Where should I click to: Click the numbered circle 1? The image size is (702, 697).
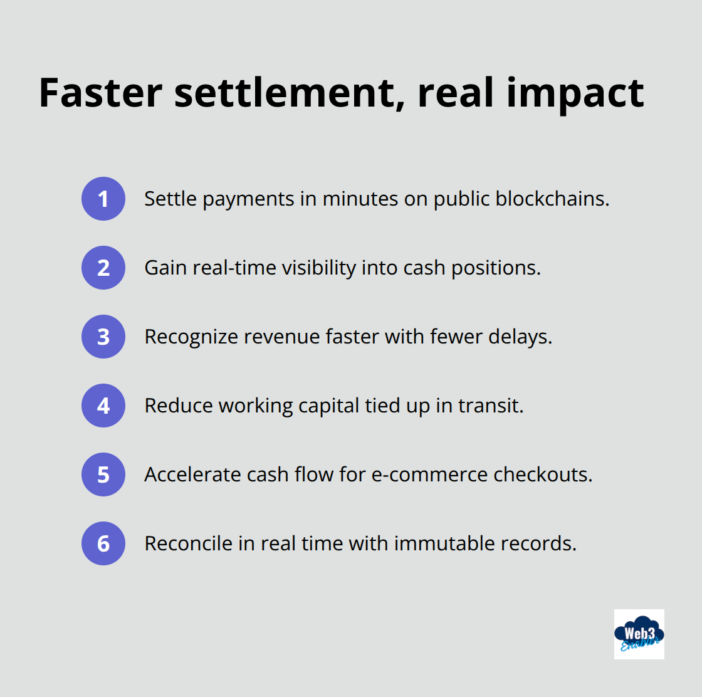point(103,199)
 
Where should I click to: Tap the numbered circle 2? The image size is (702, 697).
point(103,268)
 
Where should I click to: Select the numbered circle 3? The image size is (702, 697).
point(103,337)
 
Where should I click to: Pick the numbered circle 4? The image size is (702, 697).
point(103,406)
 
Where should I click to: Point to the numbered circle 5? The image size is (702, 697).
point(103,474)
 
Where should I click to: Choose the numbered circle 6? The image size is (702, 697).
point(103,543)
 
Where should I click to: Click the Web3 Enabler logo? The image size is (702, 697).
point(639,634)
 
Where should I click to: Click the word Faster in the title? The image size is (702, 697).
point(101,93)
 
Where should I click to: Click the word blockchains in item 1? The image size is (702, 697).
point(552,199)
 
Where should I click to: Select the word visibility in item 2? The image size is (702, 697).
point(319,268)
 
